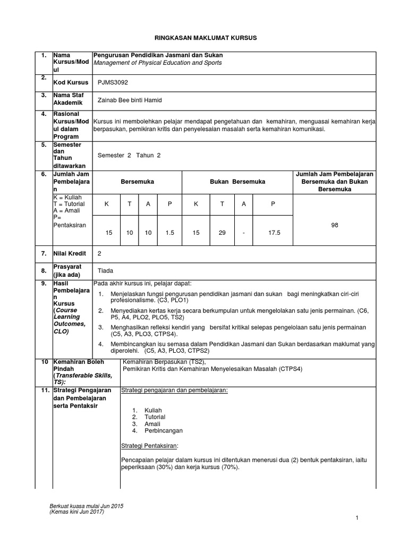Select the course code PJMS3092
click(x=113, y=83)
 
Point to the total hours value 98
click(x=334, y=225)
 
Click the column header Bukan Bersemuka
click(x=237, y=182)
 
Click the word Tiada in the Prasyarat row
click(x=106, y=271)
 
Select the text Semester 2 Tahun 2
click(x=129, y=155)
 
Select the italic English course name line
click(x=158, y=63)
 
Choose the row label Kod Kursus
click(x=71, y=83)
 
